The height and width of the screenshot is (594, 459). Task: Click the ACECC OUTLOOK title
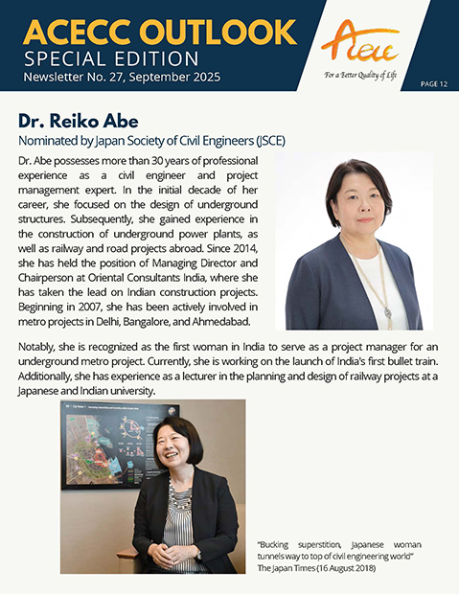159,30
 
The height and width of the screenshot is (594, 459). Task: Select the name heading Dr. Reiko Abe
79,121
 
